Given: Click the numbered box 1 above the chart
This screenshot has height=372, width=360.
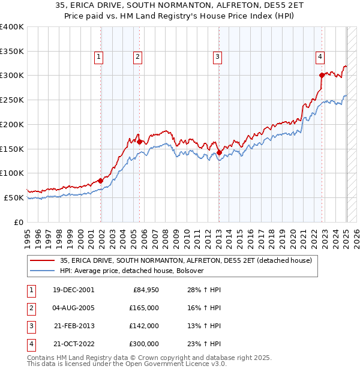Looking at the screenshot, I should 98,57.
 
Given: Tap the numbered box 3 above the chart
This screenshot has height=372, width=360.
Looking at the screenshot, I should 217,57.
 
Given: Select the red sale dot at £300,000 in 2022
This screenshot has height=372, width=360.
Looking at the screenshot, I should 322,75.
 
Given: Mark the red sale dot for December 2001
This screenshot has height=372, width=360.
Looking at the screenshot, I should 101,180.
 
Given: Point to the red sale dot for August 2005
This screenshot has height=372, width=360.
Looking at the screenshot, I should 139,142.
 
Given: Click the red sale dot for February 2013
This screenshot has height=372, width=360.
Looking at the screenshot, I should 219,152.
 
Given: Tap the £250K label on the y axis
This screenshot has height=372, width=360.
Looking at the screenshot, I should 11,100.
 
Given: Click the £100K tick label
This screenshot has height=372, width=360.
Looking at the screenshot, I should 11,173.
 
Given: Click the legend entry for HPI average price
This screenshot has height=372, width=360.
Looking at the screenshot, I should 132,271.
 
